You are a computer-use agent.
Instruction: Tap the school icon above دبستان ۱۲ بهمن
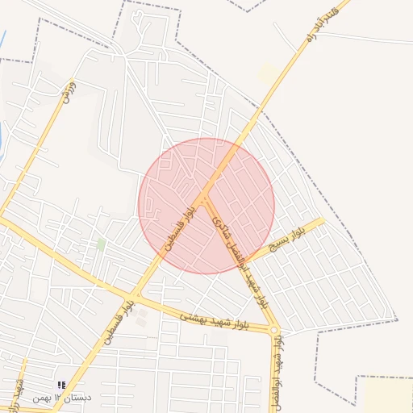tap(62, 386)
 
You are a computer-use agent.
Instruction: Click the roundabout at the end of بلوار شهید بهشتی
tap(274, 331)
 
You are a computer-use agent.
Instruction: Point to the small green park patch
tap(101, 243)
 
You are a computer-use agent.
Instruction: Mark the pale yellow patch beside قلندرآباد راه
tap(268, 74)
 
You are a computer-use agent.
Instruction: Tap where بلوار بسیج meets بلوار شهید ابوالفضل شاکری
tap(249, 262)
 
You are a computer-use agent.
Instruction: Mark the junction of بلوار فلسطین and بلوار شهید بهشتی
tap(136, 297)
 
